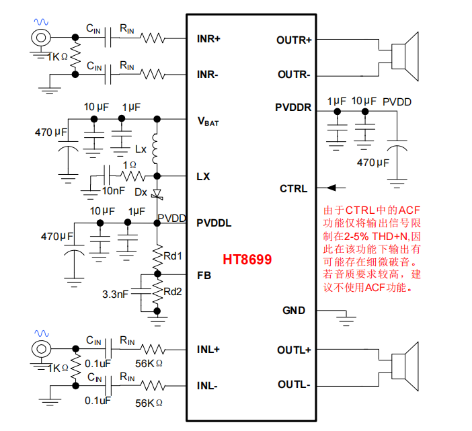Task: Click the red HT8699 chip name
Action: (x=247, y=259)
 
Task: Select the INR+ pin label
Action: (x=209, y=38)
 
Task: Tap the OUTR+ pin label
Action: (x=294, y=40)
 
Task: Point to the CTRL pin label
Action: (x=293, y=188)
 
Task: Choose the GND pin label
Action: (x=294, y=311)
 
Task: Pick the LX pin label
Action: (x=203, y=177)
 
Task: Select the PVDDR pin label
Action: (x=293, y=107)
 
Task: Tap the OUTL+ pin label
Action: (x=294, y=350)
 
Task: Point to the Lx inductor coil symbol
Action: (x=157, y=149)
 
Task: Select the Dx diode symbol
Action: (x=157, y=194)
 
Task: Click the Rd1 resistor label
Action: (x=173, y=256)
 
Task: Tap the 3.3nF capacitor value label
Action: (x=115, y=295)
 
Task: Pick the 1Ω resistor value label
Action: (x=130, y=165)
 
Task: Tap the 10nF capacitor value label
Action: (x=112, y=191)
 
